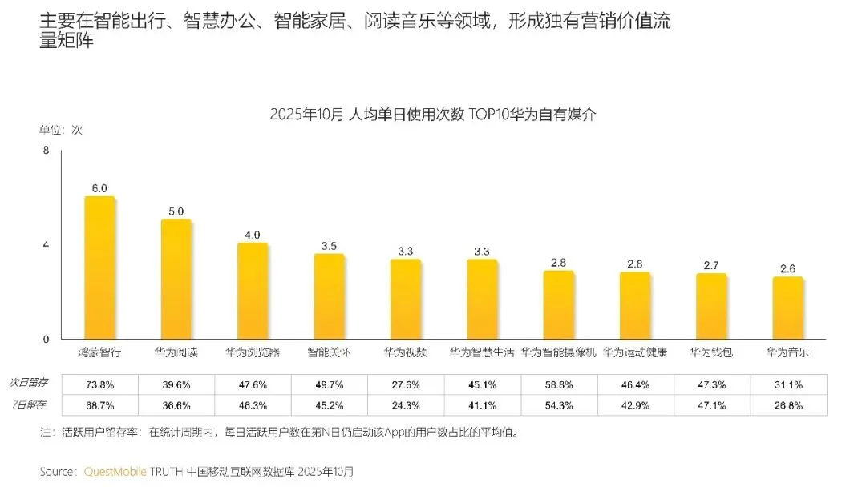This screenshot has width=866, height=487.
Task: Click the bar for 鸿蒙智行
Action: click(99, 268)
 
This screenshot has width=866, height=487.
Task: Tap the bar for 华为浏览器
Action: click(253, 291)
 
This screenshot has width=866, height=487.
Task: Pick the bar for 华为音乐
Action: click(787, 308)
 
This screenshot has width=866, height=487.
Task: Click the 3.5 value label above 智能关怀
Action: click(329, 247)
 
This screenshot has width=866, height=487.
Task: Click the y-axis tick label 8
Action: click(46, 151)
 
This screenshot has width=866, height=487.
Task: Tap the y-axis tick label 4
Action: click(46, 244)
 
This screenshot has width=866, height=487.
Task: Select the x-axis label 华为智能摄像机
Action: click(558, 352)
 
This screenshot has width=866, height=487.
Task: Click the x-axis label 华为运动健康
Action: click(634, 352)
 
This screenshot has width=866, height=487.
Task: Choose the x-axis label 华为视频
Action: click(405, 352)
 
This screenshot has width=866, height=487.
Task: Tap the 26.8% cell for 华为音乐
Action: click(787, 405)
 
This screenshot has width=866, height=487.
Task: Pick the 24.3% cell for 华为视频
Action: click(405, 405)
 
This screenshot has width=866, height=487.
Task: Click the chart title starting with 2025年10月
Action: click(433, 115)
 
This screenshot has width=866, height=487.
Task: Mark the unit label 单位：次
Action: click(61, 129)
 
